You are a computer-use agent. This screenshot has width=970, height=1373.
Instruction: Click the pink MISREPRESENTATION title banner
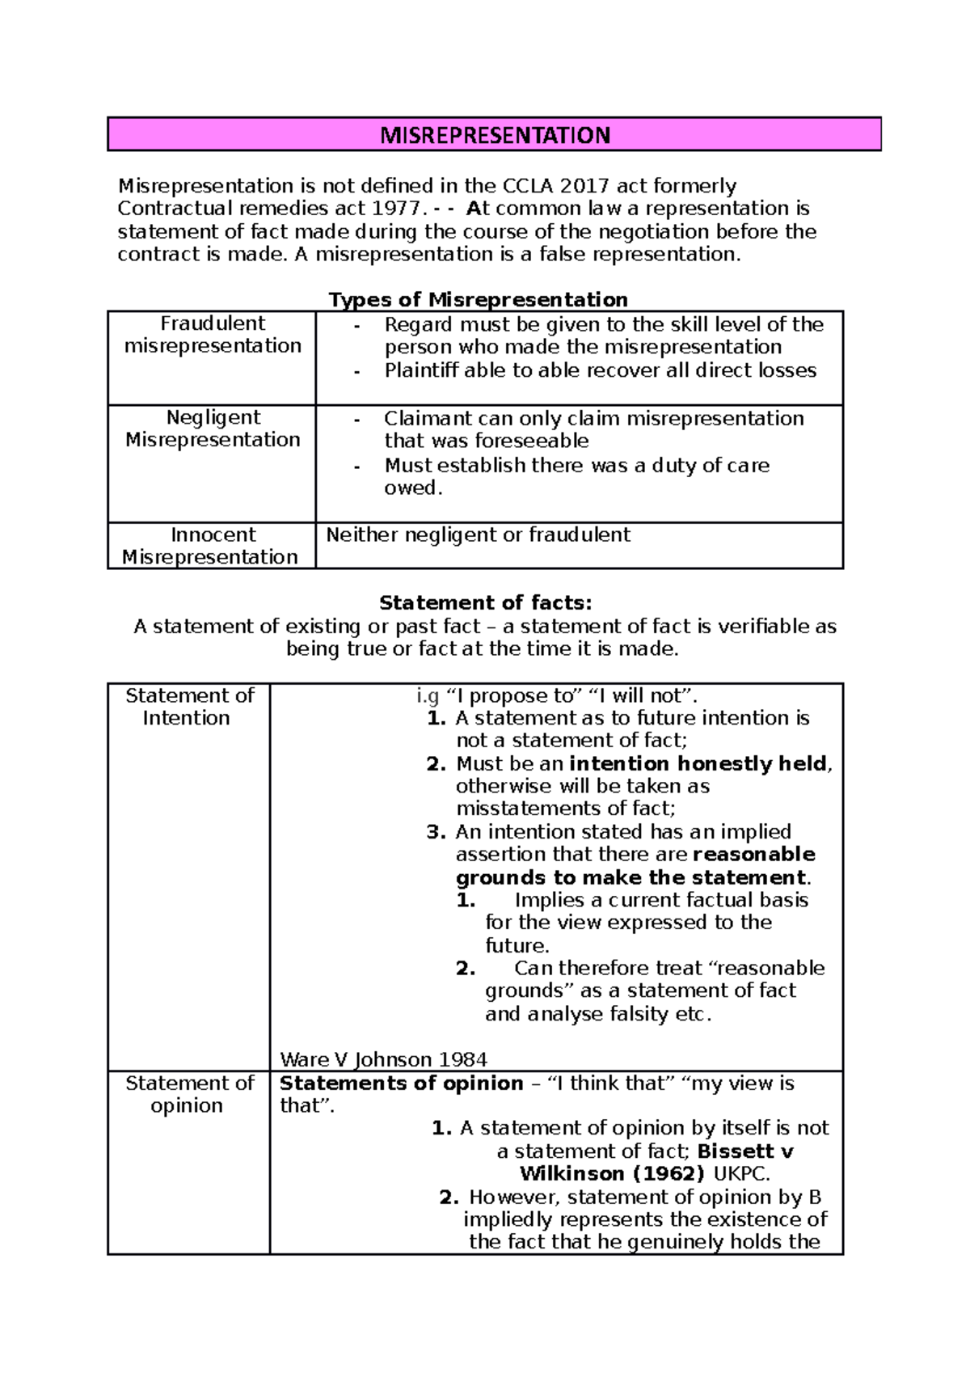click(494, 134)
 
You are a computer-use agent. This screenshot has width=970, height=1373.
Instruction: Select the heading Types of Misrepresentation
click(478, 300)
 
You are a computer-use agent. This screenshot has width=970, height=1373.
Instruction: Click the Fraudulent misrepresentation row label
click(212, 335)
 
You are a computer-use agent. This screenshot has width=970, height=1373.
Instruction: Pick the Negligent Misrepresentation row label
click(212, 429)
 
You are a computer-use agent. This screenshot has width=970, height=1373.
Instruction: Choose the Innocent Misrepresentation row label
click(211, 546)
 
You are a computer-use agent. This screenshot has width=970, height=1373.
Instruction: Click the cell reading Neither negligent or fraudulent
click(477, 534)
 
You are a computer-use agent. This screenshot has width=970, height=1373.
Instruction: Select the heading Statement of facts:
click(485, 603)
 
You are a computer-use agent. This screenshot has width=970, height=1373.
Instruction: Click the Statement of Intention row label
click(188, 707)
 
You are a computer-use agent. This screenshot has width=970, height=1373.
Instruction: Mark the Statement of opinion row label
click(188, 1094)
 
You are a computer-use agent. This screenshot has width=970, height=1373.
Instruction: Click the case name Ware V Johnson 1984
click(383, 1060)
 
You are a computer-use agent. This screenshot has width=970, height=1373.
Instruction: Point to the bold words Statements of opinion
click(401, 1084)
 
